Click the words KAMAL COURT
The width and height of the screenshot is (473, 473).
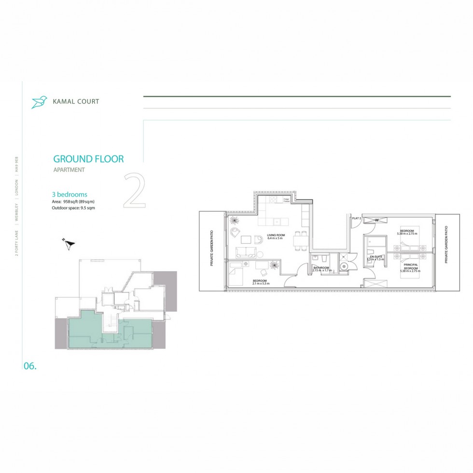[77, 101]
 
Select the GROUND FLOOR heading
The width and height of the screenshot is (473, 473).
[88, 159]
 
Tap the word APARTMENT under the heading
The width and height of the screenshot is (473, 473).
[69, 170]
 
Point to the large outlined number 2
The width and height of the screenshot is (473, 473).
[135, 190]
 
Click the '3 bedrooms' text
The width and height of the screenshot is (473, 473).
[70, 195]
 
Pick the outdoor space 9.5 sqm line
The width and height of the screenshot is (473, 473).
[76, 208]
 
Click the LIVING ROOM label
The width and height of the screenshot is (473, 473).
[276, 236]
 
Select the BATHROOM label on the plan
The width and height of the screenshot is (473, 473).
[321, 267]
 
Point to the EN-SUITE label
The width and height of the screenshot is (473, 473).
[376, 256]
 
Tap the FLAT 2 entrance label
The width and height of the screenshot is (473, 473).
[357, 219]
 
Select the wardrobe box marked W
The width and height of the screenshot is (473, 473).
[377, 221]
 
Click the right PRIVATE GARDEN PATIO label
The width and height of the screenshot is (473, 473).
[446, 245]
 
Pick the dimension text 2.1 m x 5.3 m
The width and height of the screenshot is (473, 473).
[260, 283]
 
